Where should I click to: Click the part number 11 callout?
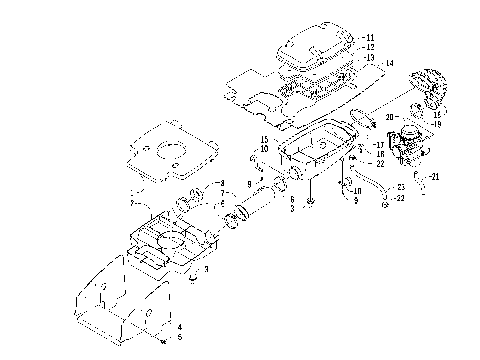(371, 36)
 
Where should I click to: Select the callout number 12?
(371, 47)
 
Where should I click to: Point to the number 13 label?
(371, 58)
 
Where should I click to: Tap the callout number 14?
(389, 64)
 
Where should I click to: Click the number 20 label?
(389, 116)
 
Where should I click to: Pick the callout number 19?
(437, 123)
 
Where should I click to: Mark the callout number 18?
(379, 155)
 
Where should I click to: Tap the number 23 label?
(400, 187)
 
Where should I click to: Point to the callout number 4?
(179, 327)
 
